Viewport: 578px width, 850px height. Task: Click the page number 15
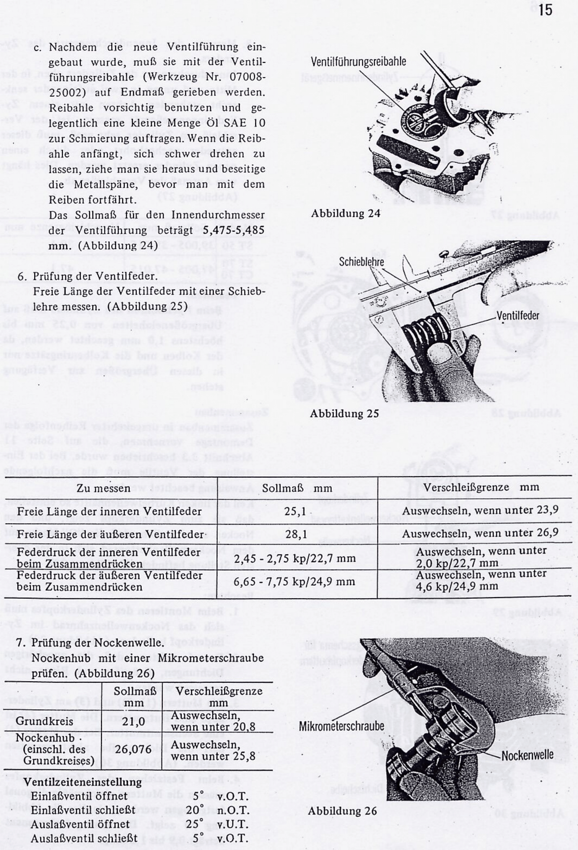[545, 10]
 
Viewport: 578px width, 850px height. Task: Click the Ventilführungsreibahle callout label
[358, 62]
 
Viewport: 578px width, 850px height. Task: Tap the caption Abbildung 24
[346, 213]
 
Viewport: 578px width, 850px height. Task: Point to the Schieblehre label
[361, 262]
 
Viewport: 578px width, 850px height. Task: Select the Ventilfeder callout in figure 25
[518, 315]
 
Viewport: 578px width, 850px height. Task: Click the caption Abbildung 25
[344, 414]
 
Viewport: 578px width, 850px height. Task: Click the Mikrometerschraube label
[342, 726]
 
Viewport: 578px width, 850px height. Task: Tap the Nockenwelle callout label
[528, 755]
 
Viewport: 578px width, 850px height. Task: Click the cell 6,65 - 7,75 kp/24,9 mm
[294, 582]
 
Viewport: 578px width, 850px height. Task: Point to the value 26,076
[136, 749]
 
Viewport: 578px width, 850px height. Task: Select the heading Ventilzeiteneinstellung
[83, 782]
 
